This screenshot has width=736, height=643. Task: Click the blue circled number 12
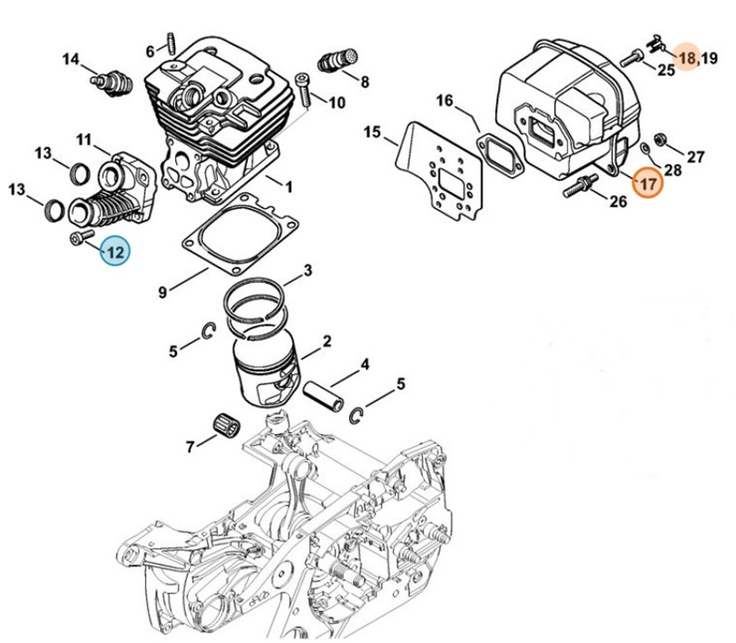coord(115,253)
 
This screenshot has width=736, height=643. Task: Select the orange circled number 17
coord(647,183)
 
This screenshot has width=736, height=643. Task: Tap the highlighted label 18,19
coord(696,59)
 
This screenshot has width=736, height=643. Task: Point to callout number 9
coord(162,293)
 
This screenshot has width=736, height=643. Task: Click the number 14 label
coord(71,60)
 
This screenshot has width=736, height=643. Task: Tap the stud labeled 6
coord(172,44)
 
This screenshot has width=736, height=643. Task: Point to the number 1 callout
coord(288,186)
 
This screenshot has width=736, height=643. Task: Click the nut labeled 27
coord(659,137)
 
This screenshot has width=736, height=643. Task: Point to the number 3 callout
coord(308,270)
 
